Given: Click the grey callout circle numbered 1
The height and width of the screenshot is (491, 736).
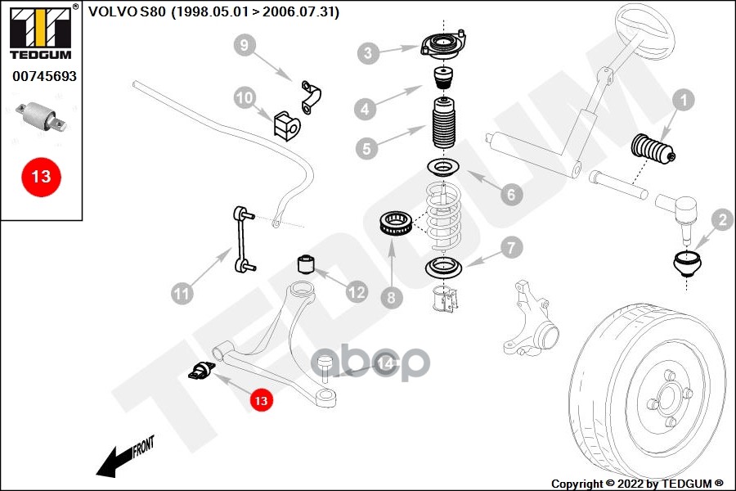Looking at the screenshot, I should click(x=683, y=101).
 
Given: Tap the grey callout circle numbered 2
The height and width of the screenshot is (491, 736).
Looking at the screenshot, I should click(x=720, y=219).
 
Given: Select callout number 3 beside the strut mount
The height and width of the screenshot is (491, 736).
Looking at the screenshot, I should click(x=369, y=54).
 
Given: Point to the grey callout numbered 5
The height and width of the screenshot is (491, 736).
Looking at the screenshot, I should click(x=367, y=149).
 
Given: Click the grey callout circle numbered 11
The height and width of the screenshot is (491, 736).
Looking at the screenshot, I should click(x=182, y=291).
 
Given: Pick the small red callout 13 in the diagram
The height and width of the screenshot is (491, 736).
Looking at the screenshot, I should click(x=261, y=401).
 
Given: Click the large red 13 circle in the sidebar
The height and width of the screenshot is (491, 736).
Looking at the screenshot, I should click(x=41, y=177).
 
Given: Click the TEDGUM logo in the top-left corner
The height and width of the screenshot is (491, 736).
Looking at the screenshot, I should click(x=40, y=34).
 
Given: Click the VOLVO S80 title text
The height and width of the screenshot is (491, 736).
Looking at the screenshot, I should click(x=213, y=12).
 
